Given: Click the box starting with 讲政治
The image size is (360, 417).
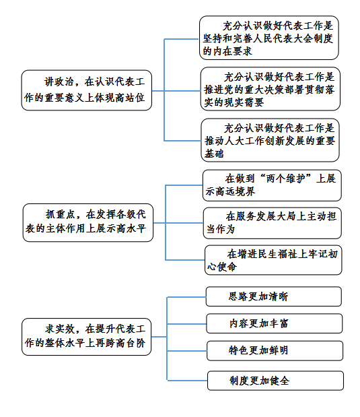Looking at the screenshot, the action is [x=87, y=90].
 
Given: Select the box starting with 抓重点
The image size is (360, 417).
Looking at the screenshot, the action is [x=88, y=222].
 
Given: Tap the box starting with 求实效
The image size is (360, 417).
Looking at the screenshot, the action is [x=87, y=337].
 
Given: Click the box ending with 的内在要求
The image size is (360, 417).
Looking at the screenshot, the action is [x=269, y=38].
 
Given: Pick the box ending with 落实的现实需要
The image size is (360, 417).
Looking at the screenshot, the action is [x=271, y=89].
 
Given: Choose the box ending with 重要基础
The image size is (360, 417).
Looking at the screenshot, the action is [x=271, y=140].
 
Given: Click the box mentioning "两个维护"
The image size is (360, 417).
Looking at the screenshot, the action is [x=272, y=185].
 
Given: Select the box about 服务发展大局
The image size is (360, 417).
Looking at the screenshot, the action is [x=273, y=223].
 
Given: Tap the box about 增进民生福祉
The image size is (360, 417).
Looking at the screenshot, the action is [x=273, y=260].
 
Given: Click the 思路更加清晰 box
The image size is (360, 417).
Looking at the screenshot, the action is [x=274, y=296].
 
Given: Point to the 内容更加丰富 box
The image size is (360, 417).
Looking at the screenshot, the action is [x=274, y=323].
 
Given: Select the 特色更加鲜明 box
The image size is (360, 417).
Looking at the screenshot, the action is [x=275, y=351].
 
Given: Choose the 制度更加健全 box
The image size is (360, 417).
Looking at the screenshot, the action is [x=275, y=381].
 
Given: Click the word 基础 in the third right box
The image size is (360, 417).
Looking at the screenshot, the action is [x=214, y=154].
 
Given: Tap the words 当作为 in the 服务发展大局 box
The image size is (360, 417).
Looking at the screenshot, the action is [x=221, y=229].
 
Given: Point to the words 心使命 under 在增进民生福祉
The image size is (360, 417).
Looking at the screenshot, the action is [x=222, y=267].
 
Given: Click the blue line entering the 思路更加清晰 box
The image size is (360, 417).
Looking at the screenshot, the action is [x=186, y=297].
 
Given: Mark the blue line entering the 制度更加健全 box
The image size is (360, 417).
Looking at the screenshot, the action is [x=187, y=381].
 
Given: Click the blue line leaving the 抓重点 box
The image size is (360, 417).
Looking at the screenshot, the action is [x=159, y=223].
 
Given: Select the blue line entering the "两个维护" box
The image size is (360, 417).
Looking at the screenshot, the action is [x=184, y=185].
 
